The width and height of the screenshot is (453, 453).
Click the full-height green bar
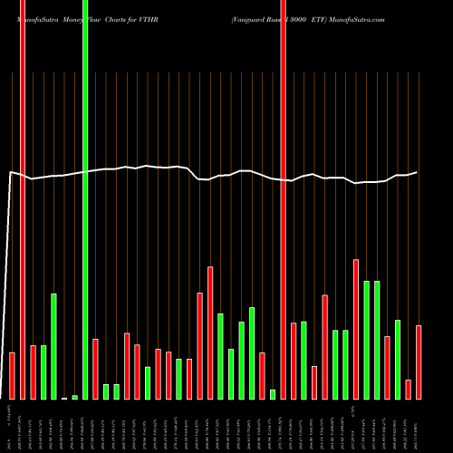pos(85,199)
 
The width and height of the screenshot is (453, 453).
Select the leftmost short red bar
pos(12,375)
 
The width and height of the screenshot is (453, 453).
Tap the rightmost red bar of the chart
pos(419,361)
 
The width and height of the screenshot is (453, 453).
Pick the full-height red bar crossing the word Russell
pos(284,199)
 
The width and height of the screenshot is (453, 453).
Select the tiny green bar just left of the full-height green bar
pos(74,397)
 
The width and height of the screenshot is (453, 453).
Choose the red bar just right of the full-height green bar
pos(95,369)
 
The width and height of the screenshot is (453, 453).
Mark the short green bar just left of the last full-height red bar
pos(273,394)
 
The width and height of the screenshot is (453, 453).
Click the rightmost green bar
pos(398,360)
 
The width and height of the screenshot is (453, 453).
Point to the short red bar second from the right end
pos(409,390)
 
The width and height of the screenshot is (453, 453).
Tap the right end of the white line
pos(418,172)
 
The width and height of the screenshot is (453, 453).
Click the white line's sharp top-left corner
pos(10,172)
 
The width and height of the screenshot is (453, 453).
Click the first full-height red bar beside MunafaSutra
pos(23,199)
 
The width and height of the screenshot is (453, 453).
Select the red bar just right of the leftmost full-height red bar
pos(33,372)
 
